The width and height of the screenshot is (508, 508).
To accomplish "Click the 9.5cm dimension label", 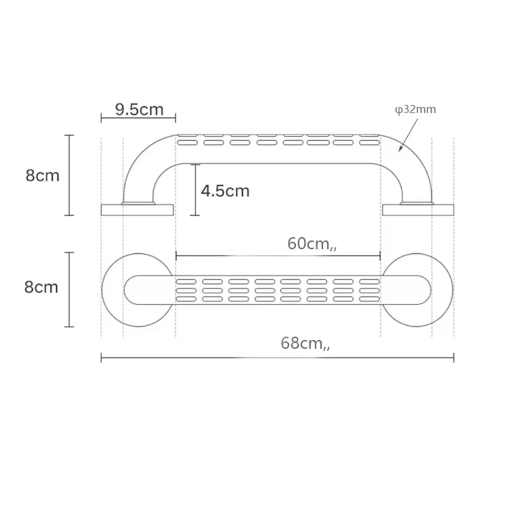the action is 139,110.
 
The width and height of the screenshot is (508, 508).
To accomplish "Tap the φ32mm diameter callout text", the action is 415,110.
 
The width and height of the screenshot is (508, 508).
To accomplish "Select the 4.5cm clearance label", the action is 225,191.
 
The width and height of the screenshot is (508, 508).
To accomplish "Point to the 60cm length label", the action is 312,244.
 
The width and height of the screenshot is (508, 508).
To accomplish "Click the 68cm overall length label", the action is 305,343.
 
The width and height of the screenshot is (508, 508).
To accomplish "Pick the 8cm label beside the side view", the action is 42,175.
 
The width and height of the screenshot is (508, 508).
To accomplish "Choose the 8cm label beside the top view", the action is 41,287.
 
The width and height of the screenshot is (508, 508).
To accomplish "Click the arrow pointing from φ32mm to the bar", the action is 408,135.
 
